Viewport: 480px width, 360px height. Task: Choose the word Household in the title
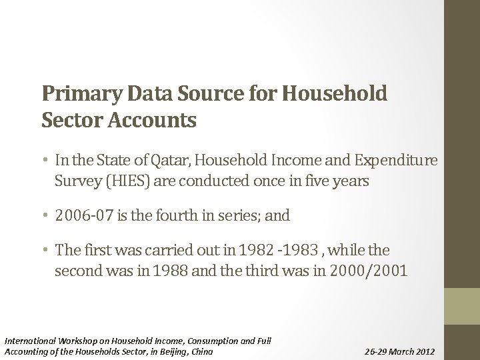(x=335, y=93)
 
